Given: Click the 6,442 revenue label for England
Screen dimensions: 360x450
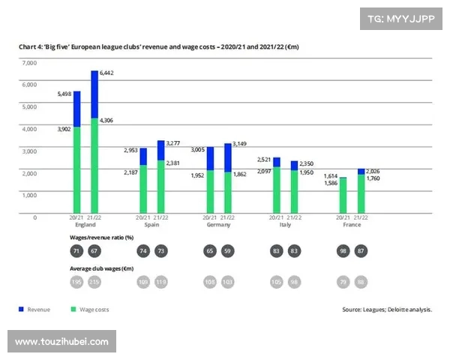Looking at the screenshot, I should pyautogui.click(x=107, y=72).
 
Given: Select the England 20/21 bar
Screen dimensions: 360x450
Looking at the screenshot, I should pyautogui.click(x=77, y=157).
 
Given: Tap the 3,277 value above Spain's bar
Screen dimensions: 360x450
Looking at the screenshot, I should pyautogui.click(x=173, y=142).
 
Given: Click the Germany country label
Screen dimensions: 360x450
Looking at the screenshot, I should pyautogui.click(x=218, y=224).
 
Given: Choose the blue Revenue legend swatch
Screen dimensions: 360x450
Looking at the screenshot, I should pyautogui.click(x=20, y=309).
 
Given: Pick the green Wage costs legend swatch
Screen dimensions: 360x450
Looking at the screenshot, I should pyautogui.click(x=73, y=309).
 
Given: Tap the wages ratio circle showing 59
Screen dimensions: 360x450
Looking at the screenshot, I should pyautogui.click(x=227, y=251).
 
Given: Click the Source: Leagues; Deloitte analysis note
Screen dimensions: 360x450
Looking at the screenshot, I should pyautogui.click(x=387, y=309).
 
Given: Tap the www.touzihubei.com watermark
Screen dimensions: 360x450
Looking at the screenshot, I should pyautogui.click(x=61, y=341).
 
